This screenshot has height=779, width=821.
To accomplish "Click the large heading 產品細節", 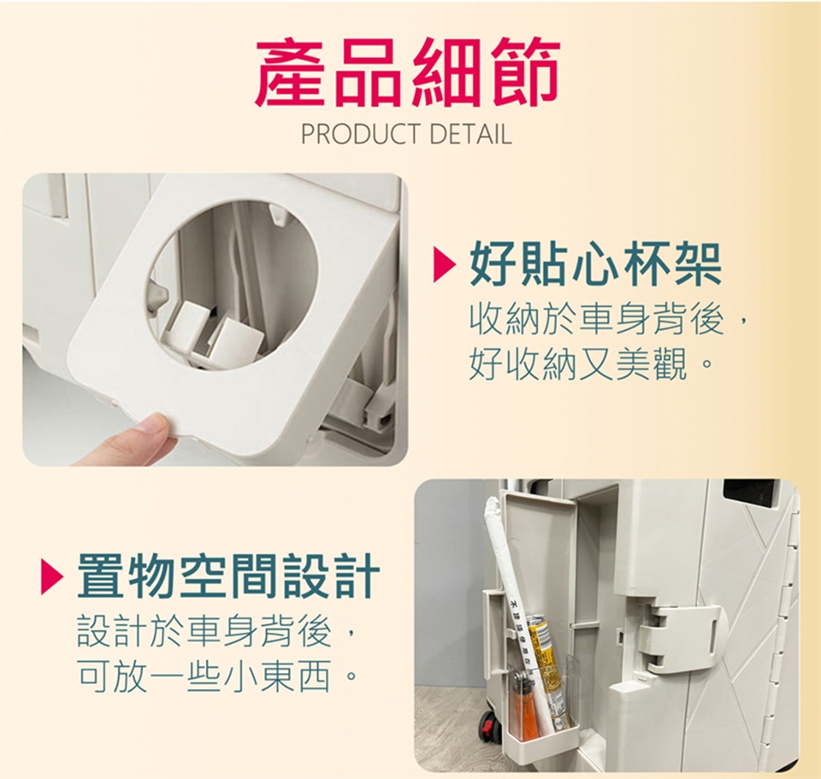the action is [407, 72].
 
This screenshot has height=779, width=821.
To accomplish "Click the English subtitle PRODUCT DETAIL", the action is [406, 134].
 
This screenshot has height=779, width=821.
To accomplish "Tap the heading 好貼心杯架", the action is [595, 266].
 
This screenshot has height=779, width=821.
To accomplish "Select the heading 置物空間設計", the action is [229, 575].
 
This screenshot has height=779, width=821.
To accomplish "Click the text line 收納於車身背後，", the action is [610, 321].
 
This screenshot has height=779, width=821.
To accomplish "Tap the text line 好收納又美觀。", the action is [591, 363].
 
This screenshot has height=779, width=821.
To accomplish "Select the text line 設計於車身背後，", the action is [217, 631].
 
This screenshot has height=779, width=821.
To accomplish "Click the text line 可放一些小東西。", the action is [217, 676].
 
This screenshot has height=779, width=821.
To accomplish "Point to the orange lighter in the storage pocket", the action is [523, 707].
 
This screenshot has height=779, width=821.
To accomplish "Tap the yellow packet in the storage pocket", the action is [546, 670].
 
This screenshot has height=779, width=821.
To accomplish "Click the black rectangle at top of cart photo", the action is [750, 493].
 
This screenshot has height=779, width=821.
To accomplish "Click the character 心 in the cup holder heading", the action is [595, 266].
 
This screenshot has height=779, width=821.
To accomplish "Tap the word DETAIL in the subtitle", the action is [470, 134].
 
